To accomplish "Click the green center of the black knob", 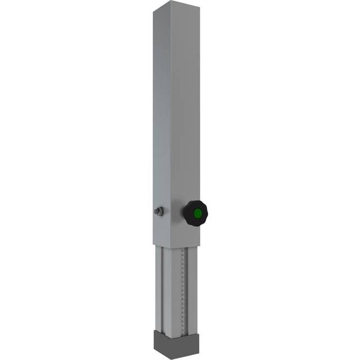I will pyautogui.click(x=197, y=214).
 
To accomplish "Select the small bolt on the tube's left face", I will pyautogui.click(x=159, y=211).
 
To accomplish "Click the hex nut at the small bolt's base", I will pyautogui.click(x=161, y=211).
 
